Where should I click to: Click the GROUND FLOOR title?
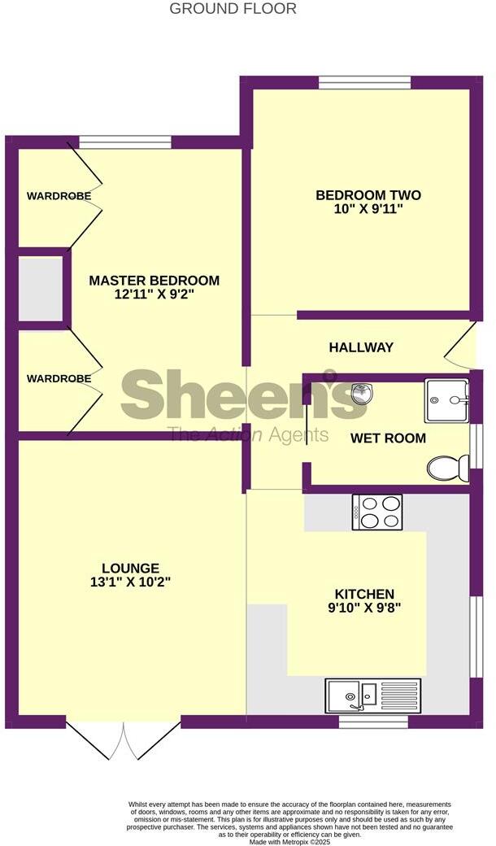pyautogui.click(x=233, y=9)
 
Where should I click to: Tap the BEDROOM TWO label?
pyautogui.click(x=368, y=195)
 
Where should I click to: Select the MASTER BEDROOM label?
pyautogui.click(x=154, y=281)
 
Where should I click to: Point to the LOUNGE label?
pyautogui.click(x=130, y=568)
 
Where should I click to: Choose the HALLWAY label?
pyautogui.click(x=361, y=347)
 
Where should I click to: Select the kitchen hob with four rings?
pyautogui.click(x=376, y=512)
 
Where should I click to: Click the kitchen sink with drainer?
pyautogui.click(x=373, y=696)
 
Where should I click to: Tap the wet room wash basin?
pyautogui.click(x=363, y=394)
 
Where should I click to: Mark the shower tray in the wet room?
pyautogui.click(x=446, y=400)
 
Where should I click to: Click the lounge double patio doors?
pyautogui.click(x=124, y=737)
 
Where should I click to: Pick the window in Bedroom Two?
pyautogui.click(x=364, y=82)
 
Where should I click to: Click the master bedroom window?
pyautogui.click(x=125, y=142)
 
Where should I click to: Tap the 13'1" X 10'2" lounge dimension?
pyautogui.click(x=130, y=582)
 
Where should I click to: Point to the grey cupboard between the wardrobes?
pyautogui.click(x=41, y=288)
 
